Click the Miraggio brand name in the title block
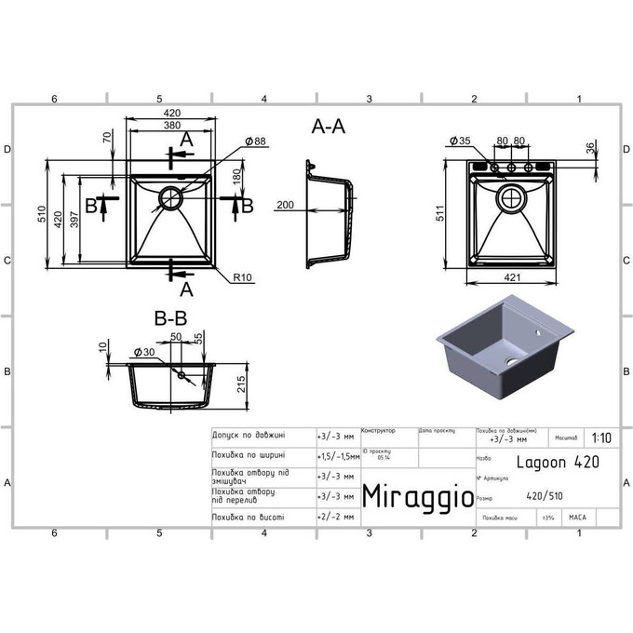pyautogui.click(x=415, y=494)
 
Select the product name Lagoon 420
pyautogui.click(x=555, y=461)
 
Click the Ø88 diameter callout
pyautogui.click(x=256, y=141)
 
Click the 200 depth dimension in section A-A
pyautogui.click(x=285, y=205)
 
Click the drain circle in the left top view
pyautogui.click(x=171, y=196)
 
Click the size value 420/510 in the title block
pyautogui.click(x=545, y=496)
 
